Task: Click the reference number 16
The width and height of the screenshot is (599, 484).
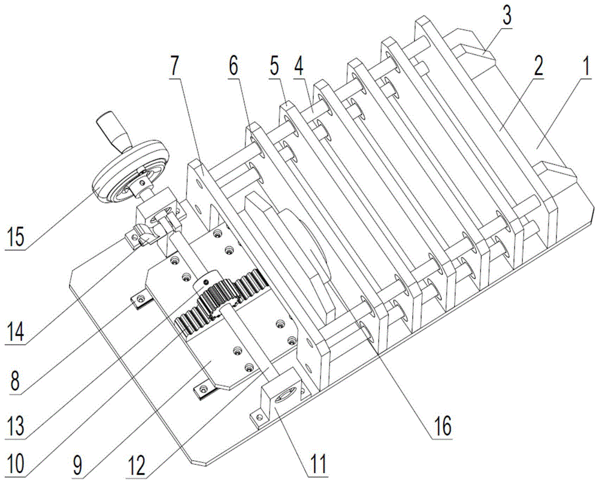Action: [x=440, y=426]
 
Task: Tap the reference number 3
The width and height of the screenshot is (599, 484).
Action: [x=507, y=16]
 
